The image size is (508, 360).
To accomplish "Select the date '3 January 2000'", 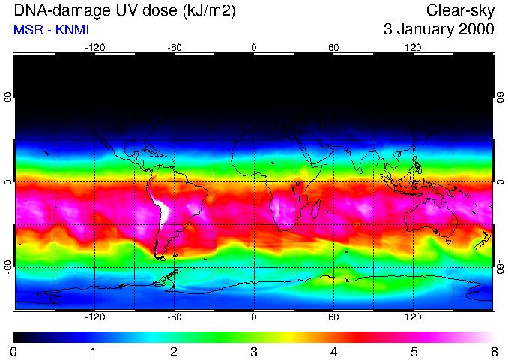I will (438, 31).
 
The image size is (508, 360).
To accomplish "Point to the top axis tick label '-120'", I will (94, 48).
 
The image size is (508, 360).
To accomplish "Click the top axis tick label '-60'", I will (175, 48).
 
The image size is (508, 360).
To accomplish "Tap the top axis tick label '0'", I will (254, 48).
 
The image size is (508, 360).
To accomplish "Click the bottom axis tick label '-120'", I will (94, 316).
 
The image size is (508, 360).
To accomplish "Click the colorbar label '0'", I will (14, 352).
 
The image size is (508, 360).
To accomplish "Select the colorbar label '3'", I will (254, 352).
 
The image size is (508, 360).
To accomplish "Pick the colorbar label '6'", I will (494, 352).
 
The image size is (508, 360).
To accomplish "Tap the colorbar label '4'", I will (333, 352).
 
